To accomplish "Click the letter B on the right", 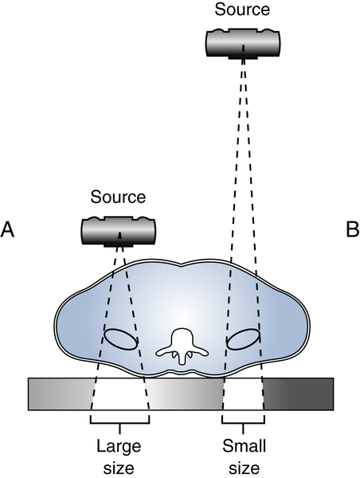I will pyautogui.click(x=351, y=229).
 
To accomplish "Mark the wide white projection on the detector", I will pyautogui.click(x=119, y=393).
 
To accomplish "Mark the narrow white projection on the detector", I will pyautogui.click(x=243, y=393).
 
